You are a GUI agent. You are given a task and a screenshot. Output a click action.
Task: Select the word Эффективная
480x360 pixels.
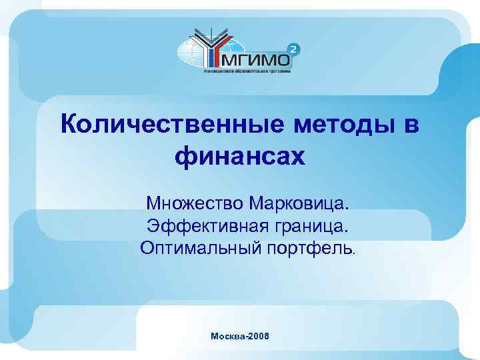pyautogui.click(x=201, y=225)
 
